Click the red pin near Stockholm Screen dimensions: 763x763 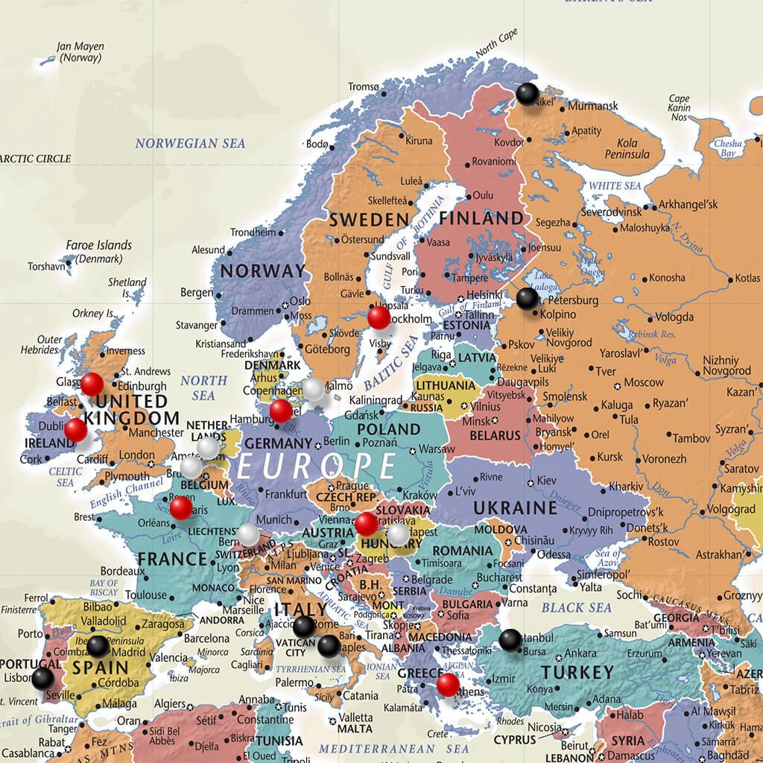click(379, 317)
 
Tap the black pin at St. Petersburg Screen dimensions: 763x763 click(527, 298)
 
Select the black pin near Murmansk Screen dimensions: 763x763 click(528, 94)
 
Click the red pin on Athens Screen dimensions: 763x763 click(448, 684)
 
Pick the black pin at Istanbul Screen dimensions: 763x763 click(510, 639)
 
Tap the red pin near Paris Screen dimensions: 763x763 click(180, 508)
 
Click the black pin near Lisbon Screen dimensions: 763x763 click(42, 677)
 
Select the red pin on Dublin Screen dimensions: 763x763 click(75, 430)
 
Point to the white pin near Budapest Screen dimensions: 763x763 click(399, 534)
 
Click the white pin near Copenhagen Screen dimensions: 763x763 click(314, 388)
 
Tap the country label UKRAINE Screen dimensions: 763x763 click(515, 508)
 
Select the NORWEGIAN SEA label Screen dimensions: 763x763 click(190, 143)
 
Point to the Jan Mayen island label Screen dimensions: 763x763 click(80, 51)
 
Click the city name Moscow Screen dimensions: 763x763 click(644, 382)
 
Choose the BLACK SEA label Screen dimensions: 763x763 click(576, 607)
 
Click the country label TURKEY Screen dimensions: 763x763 click(577, 672)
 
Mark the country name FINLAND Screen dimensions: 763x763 click(481, 218)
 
